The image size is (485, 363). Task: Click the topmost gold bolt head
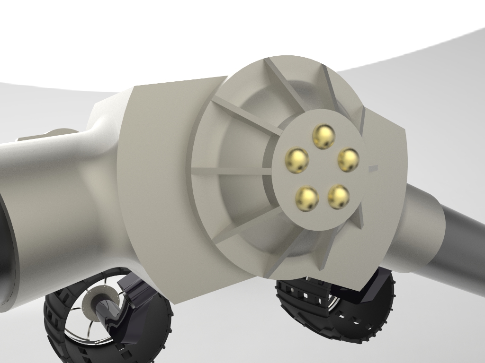323,136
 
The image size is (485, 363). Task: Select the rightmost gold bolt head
348,160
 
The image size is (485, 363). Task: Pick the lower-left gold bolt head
307,198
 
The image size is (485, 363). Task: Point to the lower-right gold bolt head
339,196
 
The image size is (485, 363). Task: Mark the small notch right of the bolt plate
373,168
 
